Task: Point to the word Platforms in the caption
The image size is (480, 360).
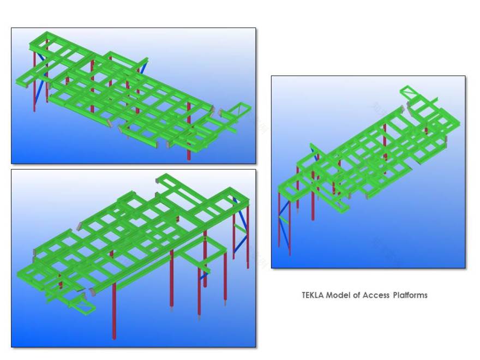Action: coord(410,295)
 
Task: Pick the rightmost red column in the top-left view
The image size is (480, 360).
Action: coord(189,131)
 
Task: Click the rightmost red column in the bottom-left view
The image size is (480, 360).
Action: coord(248,236)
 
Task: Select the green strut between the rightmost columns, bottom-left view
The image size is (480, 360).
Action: coord(241,229)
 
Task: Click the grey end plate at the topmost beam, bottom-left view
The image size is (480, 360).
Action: coord(157,181)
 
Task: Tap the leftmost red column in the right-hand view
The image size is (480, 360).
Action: coord(279,219)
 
